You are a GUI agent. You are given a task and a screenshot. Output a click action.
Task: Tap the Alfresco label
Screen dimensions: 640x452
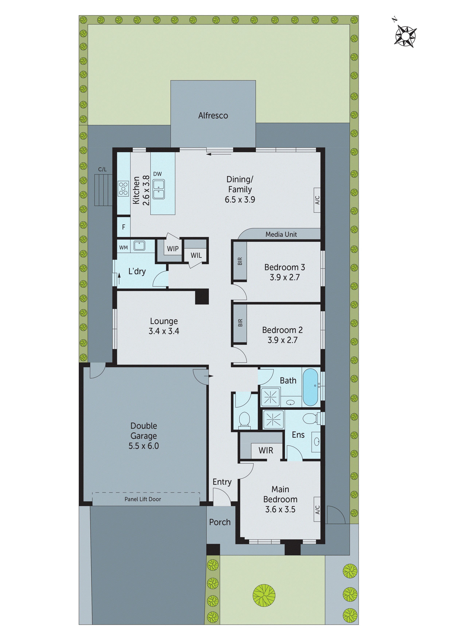[x=213, y=115]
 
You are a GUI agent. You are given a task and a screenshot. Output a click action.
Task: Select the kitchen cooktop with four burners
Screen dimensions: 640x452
[x=123, y=189]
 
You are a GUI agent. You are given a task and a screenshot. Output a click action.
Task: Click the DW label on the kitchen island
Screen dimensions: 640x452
[x=157, y=174]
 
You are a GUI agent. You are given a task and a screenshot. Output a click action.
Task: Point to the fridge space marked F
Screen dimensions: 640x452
[x=124, y=227]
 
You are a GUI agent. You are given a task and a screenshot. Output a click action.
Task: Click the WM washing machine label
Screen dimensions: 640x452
[x=123, y=248]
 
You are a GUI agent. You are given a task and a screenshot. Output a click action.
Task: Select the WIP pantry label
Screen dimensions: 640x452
[x=173, y=249]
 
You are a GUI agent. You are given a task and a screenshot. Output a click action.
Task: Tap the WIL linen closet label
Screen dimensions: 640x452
[x=196, y=255]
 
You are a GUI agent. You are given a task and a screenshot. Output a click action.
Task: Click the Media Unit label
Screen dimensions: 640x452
[x=281, y=234]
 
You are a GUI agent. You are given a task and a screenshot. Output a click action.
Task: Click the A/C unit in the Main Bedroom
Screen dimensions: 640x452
[x=317, y=510]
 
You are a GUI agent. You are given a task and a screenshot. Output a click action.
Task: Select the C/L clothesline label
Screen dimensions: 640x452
[x=102, y=169]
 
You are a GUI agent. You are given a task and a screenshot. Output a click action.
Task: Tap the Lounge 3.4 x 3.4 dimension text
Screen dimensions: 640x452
[x=164, y=331]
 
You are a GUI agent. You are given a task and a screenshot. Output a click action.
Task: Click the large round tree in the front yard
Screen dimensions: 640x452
[x=264, y=595]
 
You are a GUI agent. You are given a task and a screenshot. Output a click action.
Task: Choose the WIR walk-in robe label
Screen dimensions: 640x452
[x=266, y=450]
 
